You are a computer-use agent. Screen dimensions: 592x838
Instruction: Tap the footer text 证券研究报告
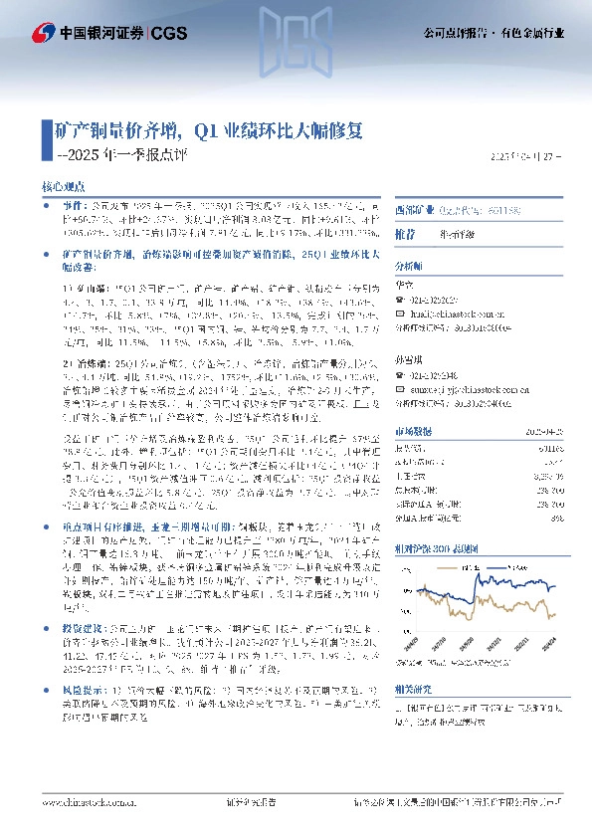click(x=249, y=822)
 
